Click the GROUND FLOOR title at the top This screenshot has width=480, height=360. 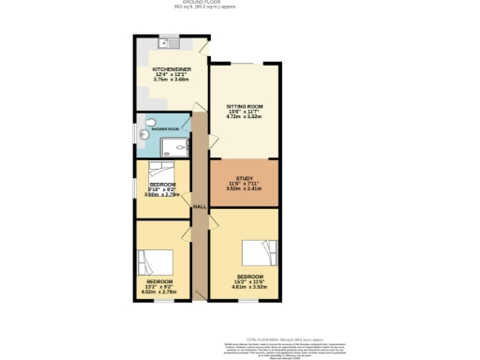coord(240,3)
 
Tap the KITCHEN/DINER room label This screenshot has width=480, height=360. coord(172,69)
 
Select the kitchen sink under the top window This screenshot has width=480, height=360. coord(170,41)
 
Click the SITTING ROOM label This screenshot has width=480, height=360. coord(244,107)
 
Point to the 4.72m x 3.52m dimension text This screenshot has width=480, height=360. coord(244,118)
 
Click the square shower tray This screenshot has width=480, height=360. coord(175,144)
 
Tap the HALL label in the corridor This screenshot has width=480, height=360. coord(199,207)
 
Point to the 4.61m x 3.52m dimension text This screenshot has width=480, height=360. coord(244,286)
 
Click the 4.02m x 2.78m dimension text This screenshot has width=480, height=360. coord(159,292)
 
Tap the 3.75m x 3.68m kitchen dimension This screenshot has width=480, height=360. coord(172,81)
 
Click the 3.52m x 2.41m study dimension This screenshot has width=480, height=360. coord(244,188)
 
